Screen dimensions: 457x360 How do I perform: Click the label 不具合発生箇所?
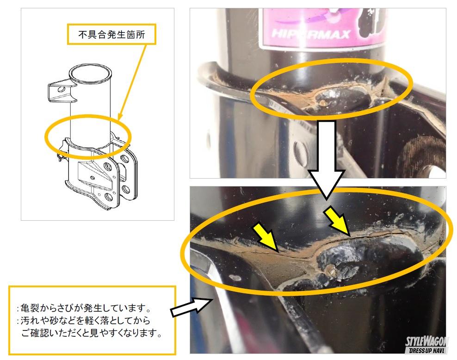[x=111, y=35]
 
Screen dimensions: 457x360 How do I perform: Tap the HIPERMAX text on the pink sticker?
[x=311, y=34]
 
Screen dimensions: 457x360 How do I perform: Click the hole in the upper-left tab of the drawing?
[x=61, y=89]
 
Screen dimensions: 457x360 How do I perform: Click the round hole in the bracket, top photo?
[x=300, y=150]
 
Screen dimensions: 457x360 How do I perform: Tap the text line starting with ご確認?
[x=91, y=333]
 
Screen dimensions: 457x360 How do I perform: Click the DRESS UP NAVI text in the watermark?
[x=426, y=350]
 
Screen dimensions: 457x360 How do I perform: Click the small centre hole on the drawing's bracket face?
[x=93, y=178]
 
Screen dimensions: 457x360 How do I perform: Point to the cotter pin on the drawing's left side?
[x=61, y=158]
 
